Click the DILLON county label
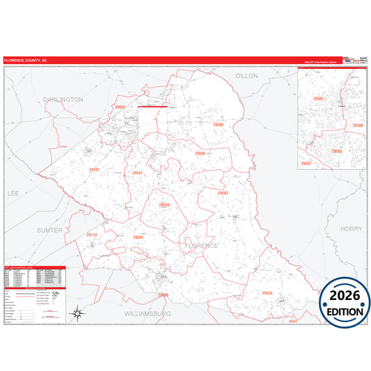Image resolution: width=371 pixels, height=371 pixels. click(246, 75)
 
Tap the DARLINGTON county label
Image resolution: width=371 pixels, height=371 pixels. click(63, 100)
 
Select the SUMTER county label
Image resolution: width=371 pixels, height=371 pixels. click(49, 230)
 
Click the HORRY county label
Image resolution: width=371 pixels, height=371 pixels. click(352, 228)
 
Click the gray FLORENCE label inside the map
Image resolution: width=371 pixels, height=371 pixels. click(201, 246)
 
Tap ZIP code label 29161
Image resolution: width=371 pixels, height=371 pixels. click(94, 170)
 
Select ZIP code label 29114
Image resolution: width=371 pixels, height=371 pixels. click(91, 235)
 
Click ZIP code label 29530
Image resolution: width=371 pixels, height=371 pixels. click(164, 205)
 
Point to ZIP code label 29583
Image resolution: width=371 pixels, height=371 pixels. click(223, 193)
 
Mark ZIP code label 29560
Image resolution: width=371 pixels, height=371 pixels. click(164, 294)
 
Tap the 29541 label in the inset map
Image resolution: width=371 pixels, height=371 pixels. click(306, 163)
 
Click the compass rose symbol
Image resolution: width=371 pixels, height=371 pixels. click(79, 313)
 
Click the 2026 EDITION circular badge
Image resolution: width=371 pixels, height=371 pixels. click(345, 301)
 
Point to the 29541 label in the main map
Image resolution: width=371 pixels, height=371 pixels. click(137, 173)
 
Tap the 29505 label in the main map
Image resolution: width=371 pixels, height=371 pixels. click(200, 153)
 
